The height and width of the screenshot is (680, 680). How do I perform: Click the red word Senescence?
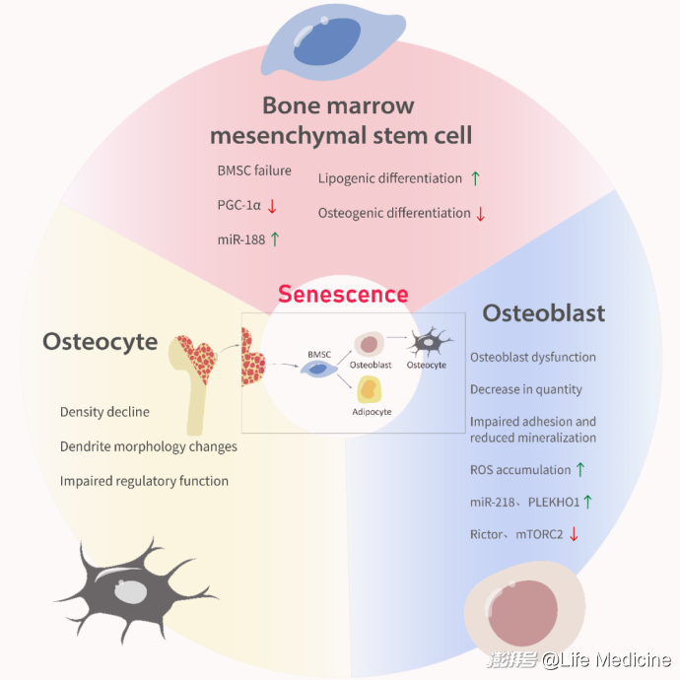click(x=342, y=294)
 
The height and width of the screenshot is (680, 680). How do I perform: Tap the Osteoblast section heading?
click(x=543, y=313)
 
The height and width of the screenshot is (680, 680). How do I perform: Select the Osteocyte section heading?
click(x=100, y=341)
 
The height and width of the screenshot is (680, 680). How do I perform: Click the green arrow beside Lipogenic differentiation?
click(x=475, y=178)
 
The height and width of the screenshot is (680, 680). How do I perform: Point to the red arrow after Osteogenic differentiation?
click(x=481, y=213)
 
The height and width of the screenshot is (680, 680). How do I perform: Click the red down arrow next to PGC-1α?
click(x=272, y=205)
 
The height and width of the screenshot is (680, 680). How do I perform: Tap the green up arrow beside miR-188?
click(x=275, y=238)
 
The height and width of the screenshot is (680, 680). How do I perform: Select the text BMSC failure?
click(x=254, y=170)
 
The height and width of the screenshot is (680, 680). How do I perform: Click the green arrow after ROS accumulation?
click(x=580, y=469)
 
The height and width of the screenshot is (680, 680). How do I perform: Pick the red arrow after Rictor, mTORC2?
click(x=573, y=534)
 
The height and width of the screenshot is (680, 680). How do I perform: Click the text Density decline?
click(x=104, y=411)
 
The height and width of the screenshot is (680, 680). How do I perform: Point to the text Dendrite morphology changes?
click(x=148, y=446)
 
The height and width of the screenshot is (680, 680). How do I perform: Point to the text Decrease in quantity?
click(x=525, y=389)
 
